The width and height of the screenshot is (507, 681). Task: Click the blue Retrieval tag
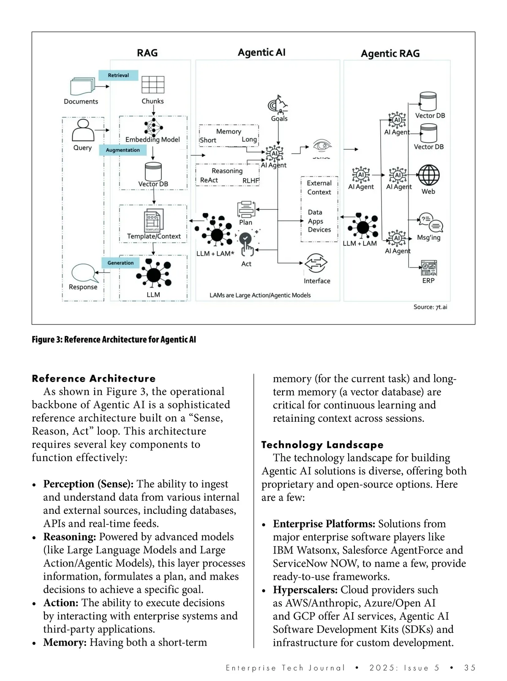pos(118,75)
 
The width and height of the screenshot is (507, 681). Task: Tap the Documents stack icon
pos(82,87)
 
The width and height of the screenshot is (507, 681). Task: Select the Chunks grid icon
pos(153,84)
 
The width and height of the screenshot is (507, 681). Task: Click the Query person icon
pos(83,130)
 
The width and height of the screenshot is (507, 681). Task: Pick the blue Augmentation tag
pos(123,150)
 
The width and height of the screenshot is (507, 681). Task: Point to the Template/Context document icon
pos(153,220)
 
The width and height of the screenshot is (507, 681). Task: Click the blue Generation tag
pos(120,263)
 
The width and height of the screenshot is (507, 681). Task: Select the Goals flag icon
pos(278,104)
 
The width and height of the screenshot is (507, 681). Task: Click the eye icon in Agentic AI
pos(322,146)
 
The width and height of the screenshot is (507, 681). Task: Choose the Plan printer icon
pos(246,209)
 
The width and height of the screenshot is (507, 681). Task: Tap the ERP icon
pos(428,268)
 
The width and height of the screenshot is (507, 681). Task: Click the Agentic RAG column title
pos(390,54)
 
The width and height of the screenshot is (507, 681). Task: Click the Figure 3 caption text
pos(114,339)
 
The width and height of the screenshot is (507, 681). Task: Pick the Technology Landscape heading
pos(322,445)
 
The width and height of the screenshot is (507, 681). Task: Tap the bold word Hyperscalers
pos(305,590)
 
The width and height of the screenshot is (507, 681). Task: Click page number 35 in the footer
pos(469,668)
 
